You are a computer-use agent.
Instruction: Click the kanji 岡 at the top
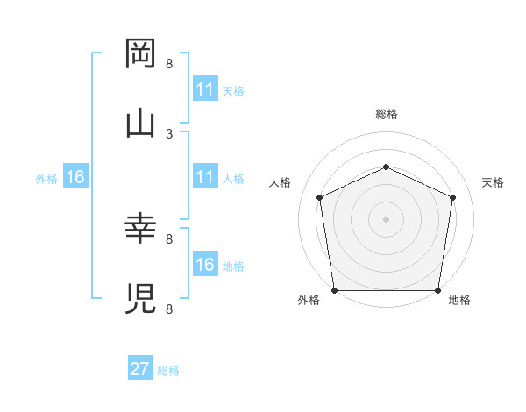point(141,54)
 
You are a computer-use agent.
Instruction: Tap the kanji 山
point(141,122)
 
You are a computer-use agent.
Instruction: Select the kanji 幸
point(141,230)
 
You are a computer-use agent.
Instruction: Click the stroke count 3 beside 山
point(169,133)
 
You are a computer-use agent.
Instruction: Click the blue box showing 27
point(140,369)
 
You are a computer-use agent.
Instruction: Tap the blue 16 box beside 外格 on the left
point(75,178)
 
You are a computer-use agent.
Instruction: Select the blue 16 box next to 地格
point(204,265)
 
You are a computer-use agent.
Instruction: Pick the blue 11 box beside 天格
point(204,89)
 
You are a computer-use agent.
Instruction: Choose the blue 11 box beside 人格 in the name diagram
point(204,178)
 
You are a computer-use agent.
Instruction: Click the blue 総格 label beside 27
point(168,371)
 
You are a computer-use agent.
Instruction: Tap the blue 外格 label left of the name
point(46,179)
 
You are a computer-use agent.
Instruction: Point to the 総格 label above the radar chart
point(386,114)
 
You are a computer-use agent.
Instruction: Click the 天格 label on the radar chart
point(493,182)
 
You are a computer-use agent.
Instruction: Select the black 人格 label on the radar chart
point(280,182)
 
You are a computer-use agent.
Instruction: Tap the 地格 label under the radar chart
point(459,300)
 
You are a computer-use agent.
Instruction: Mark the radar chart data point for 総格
point(386,166)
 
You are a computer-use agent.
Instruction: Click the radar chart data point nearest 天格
point(452,197)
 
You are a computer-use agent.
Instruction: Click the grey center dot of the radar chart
point(386,219)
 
